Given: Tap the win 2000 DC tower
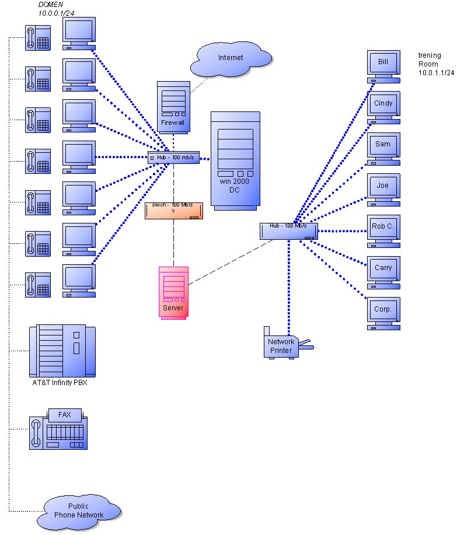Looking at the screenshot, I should click(x=235, y=160).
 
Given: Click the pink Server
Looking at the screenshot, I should click(x=174, y=292).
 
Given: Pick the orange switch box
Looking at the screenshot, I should click(x=173, y=211).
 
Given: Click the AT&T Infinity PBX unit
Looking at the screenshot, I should click(x=62, y=352).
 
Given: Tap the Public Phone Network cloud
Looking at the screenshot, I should click(x=79, y=510).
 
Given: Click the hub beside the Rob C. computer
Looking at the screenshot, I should click(x=289, y=231).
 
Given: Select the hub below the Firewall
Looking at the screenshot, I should click(x=173, y=157).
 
